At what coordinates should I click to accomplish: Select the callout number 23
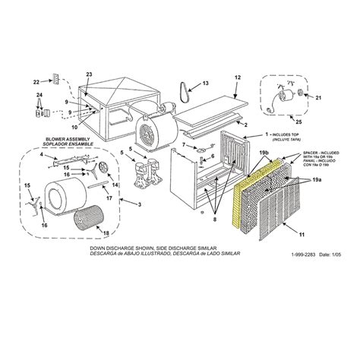tap(89, 73)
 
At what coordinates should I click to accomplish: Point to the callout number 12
tap(237, 77)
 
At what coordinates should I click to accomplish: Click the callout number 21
tap(319, 97)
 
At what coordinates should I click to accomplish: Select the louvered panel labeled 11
tap(285, 211)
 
